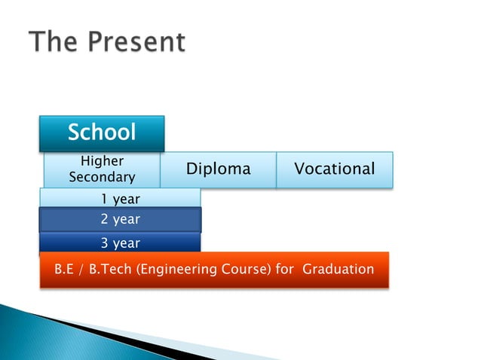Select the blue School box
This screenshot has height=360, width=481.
(102, 133)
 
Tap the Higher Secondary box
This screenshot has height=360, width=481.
(102, 169)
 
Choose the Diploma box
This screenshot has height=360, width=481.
(218, 169)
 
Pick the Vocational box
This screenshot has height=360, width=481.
(334, 169)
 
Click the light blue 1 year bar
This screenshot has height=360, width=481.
(120, 198)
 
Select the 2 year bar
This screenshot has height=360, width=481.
(120, 219)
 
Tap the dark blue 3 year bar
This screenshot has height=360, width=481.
(120, 243)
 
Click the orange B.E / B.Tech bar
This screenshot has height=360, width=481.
(214, 269)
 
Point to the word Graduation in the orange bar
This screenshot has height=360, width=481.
(338, 269)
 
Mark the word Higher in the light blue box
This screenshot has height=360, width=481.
(102, 161)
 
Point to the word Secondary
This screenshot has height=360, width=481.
(102, 178)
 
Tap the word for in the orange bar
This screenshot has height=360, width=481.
(284, 269)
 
